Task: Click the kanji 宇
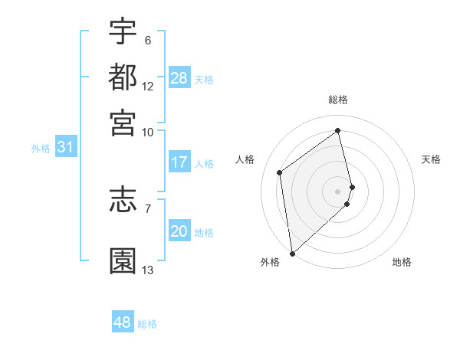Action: tap(123, 31)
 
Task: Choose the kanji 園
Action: tap(123, 260)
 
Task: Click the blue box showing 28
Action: tap(179, 78)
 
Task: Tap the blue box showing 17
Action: tap(179, 162)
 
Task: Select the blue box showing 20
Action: tap(179, 232)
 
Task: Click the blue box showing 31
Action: tap(65, 148)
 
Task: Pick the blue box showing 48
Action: tap(123, 322)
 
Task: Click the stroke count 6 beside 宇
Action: tap(147, 41)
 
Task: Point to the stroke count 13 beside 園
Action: tap(148, 270)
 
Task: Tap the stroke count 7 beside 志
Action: tap(147, 208)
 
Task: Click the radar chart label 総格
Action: tap(338, 100)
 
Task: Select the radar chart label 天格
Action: tap(431, 159)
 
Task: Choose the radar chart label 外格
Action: tap(270, 262)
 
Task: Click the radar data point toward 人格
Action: tap(280, 172)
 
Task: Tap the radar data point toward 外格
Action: tap(291, 253)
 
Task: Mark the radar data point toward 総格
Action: tap(338, 130)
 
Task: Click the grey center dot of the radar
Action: tap(338, 191)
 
